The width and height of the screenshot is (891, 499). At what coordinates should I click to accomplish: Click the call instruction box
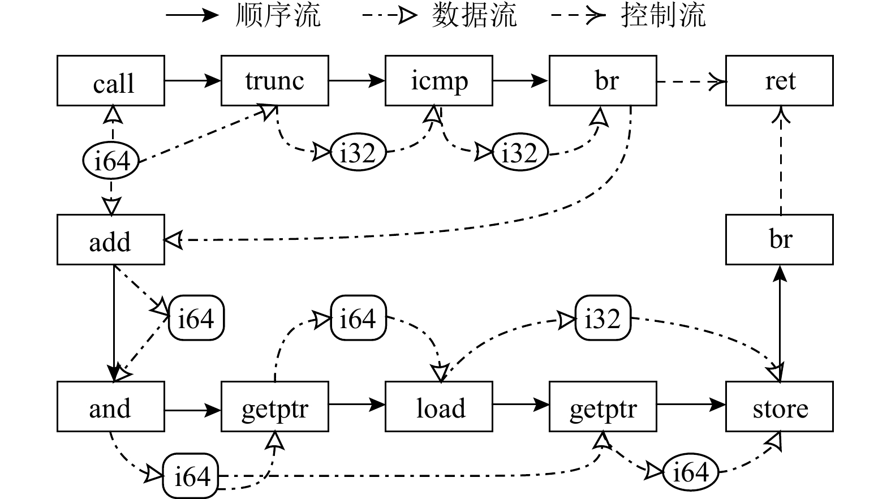tap(111, 81)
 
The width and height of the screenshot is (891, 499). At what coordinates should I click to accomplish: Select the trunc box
tap(275, 81)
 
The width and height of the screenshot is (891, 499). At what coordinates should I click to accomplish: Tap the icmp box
tap(439, 81)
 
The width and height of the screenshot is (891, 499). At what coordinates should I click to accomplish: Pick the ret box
tap(780, 81)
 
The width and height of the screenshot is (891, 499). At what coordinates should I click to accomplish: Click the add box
tap(111, 240)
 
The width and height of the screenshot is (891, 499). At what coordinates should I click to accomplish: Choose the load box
tap(439, 407)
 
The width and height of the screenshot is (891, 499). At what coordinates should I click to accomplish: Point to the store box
tap(780, 407)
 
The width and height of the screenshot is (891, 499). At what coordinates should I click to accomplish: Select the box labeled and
tap(111, 407)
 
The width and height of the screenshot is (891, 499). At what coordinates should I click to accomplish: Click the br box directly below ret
tap(780, 240)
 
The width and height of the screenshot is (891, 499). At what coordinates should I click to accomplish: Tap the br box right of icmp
tap(603, 81)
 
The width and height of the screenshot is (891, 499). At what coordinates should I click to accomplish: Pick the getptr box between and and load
tap(275, 407)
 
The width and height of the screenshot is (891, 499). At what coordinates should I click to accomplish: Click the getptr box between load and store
tap(603, 407)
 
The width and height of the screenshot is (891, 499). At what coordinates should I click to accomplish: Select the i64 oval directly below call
tap(111, 161)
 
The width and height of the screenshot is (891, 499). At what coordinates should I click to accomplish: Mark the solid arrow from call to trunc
tap(192, 81)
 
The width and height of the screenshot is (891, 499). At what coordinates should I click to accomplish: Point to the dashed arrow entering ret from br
tap(691, 81)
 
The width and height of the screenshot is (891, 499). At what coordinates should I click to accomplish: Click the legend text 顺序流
tap(278, 15)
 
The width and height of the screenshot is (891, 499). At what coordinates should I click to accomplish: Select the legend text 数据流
tap(474, 15)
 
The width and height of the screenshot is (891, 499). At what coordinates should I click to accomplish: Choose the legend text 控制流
tap(663, 15)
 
